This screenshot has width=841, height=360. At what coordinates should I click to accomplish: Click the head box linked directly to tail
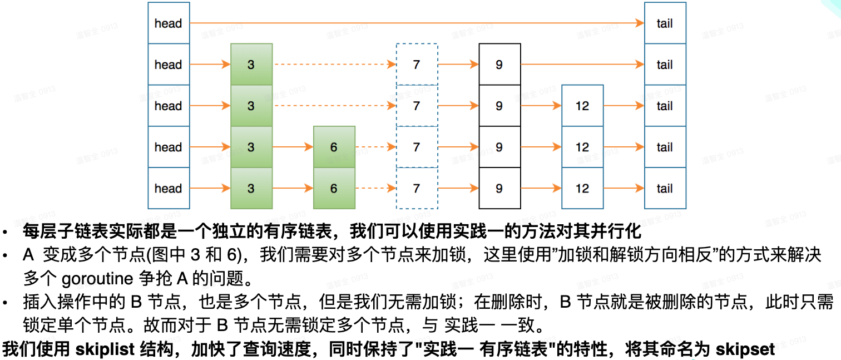[169, 23]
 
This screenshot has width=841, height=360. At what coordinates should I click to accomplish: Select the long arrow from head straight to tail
[417, 23]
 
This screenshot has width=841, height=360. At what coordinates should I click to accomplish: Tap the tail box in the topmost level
[665, 23]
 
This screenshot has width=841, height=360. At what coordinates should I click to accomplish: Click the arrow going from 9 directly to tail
[582, 65]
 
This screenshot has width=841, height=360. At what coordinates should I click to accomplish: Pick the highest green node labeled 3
[251, 65]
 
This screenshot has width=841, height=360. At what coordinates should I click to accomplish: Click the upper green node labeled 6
[334, 147]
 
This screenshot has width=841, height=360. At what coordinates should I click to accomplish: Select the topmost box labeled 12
[582, 106]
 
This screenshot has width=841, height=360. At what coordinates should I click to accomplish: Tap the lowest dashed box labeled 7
[417, 188]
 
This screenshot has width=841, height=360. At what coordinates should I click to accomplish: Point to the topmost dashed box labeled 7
[417, 65]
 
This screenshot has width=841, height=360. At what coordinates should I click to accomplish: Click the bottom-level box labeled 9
[499, 188]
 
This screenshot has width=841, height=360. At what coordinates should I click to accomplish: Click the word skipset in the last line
[745, 349]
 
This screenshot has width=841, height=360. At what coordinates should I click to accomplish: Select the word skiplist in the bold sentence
[105, 349]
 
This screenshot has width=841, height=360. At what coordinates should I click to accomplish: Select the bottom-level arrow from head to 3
[210, 188]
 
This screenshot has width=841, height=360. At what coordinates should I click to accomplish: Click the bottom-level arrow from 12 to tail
[624, 188]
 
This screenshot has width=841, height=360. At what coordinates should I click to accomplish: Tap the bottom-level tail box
[665, 188]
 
